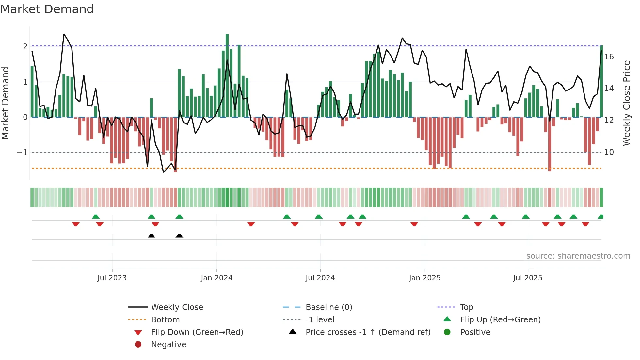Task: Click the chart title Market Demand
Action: tap(47, 9)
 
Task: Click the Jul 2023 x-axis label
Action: tap(112, 278)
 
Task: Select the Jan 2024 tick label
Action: tap(216, 278)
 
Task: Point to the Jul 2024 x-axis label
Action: tap(320, 278)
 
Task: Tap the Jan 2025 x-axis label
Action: tap(424, 278)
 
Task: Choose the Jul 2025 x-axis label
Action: tap(528, 278)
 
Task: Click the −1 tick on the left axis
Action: tap(22, 153)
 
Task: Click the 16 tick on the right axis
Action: tap(609, 57)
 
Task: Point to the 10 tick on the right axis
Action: tap(609, 152)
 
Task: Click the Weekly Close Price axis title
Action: tap(627, 103)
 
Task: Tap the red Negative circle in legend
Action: tap(138, 344)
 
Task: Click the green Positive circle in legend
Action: tap(447, 332)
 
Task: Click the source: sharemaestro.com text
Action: tap(578, 256)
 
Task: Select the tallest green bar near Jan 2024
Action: tap(227, 75)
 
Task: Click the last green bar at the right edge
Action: tap(601, 82)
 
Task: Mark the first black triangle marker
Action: tap(151, 236)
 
